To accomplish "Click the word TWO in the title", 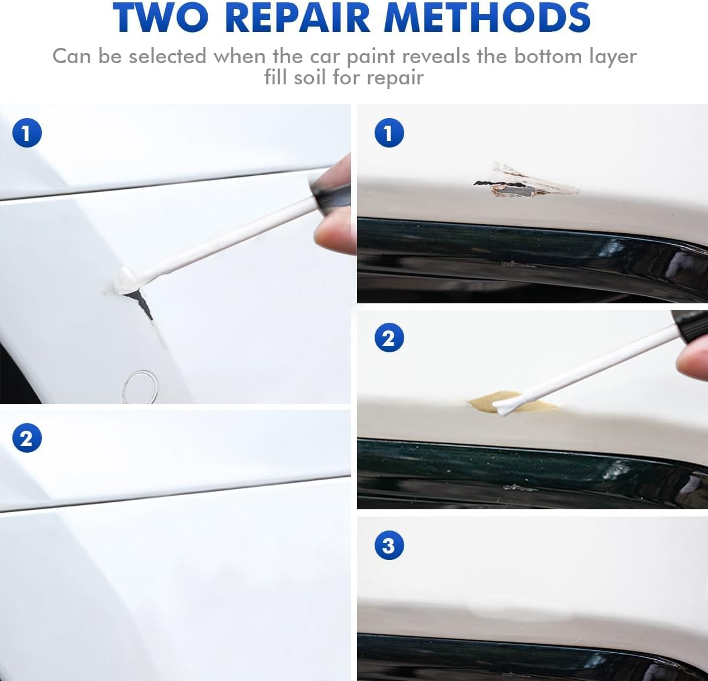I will coord(160,17).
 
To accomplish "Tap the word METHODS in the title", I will coord(487,17).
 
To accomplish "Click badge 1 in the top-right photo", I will coord(389,133).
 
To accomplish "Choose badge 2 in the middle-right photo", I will coord(389,339).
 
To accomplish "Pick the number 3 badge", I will coord(389,545).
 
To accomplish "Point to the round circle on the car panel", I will coord(140,387).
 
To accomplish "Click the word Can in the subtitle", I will coord(71,57).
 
